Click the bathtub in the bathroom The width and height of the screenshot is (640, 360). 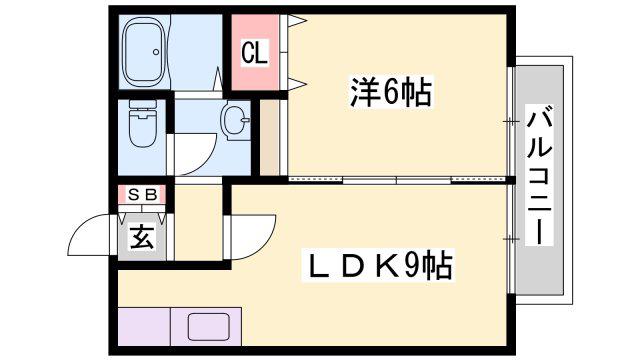(144, 52)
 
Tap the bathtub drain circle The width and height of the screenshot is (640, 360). (156, 52)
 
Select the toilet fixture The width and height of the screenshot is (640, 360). (142, 122)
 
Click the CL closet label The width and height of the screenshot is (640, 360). (254, 53)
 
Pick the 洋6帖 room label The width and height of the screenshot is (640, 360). (391, 92)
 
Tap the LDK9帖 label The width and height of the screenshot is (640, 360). (378, 266)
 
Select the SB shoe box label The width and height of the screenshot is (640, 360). (142, 195)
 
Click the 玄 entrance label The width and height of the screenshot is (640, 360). (142, 237)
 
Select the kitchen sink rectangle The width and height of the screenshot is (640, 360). (208, 327)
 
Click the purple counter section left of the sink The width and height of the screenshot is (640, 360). (144, 327)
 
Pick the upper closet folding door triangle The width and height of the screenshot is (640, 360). (297, 20)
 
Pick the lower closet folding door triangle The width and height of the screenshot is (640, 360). (297, 84)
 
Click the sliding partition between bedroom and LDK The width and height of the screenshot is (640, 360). (397, 180)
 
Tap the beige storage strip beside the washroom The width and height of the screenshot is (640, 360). (270, 138)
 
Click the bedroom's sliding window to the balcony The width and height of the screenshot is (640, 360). (510, 121)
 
